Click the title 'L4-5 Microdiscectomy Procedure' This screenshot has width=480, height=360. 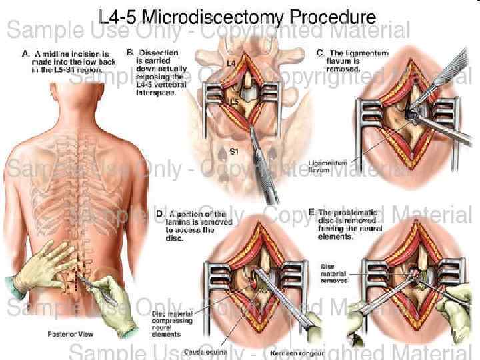[237, 17]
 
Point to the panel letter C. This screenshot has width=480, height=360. [321, 52]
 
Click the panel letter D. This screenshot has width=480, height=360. [160, 214]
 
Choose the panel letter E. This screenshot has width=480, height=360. [312, 212]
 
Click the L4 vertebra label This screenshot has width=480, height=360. [231, 63]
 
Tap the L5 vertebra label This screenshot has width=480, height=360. [234, 102]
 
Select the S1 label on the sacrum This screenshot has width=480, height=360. [234, 151]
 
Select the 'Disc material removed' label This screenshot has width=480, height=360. [333, 274]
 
